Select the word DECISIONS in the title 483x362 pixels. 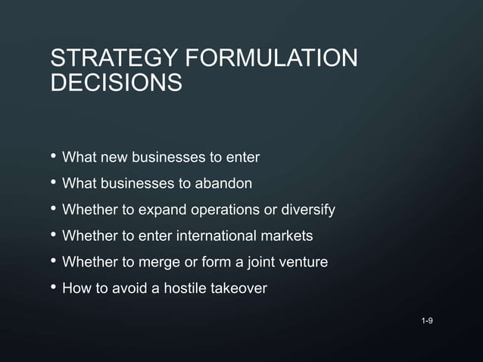click(116, 83)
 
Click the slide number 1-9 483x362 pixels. click(427, 322)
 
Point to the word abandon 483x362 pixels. click(226, 183)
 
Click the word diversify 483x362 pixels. click(308, 210)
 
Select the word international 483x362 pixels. click(219, 236)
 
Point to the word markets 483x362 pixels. click(288, 236)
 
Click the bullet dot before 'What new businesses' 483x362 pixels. click(52, 157)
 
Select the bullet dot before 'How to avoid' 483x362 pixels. click(52, 288)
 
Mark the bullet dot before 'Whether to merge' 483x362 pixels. click(52, 261)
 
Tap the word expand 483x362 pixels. click(154, 210)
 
